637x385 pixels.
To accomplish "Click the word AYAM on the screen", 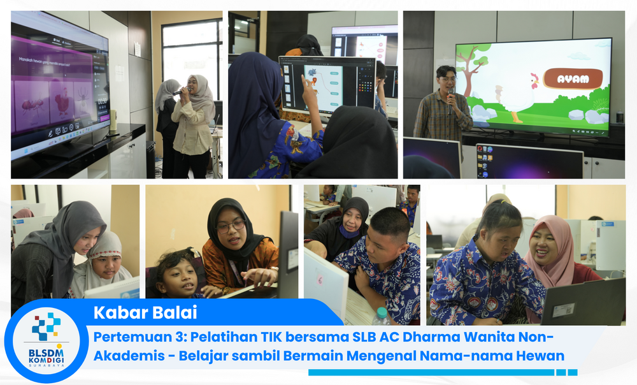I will coord(573,79).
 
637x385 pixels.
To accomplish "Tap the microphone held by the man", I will coord(450,96).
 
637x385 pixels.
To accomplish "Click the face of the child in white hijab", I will coord(104,264).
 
